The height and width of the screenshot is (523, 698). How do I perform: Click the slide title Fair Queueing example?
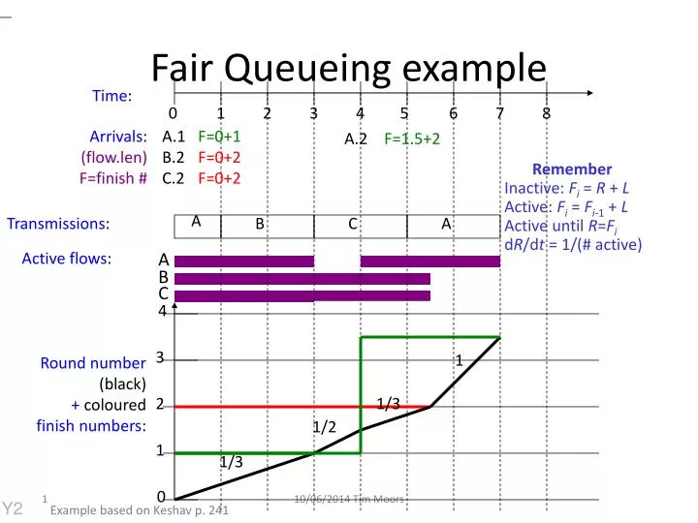[x=349, y=68]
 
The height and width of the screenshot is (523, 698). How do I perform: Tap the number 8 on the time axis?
[x=546, y=113]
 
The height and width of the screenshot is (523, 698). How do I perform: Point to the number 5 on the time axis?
[x=404, y=113]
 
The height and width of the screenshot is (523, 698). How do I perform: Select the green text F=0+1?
[x=219, y=137]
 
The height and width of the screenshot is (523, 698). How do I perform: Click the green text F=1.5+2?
[x=412, y=138]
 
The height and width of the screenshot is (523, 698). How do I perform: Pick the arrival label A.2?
[x=356, y=138]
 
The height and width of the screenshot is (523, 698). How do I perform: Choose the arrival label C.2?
[x=174, y=177]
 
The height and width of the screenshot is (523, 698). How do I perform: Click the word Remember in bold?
[x=572, y=169]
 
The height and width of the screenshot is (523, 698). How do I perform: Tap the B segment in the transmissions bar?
[x=260, y=225]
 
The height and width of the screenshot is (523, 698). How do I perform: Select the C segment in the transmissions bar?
[x=354, y=225]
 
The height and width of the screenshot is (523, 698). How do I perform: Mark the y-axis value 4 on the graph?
[x=162, y=312]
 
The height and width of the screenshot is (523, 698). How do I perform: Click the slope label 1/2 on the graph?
[x=324, y=426]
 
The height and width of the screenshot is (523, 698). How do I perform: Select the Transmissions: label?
[x=58, y=225]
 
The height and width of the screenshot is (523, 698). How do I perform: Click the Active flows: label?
[x=67, y=259]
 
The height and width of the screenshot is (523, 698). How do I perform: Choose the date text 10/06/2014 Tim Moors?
[x=349, y=499]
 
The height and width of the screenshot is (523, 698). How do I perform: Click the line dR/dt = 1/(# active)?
[x=573, y=244]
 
